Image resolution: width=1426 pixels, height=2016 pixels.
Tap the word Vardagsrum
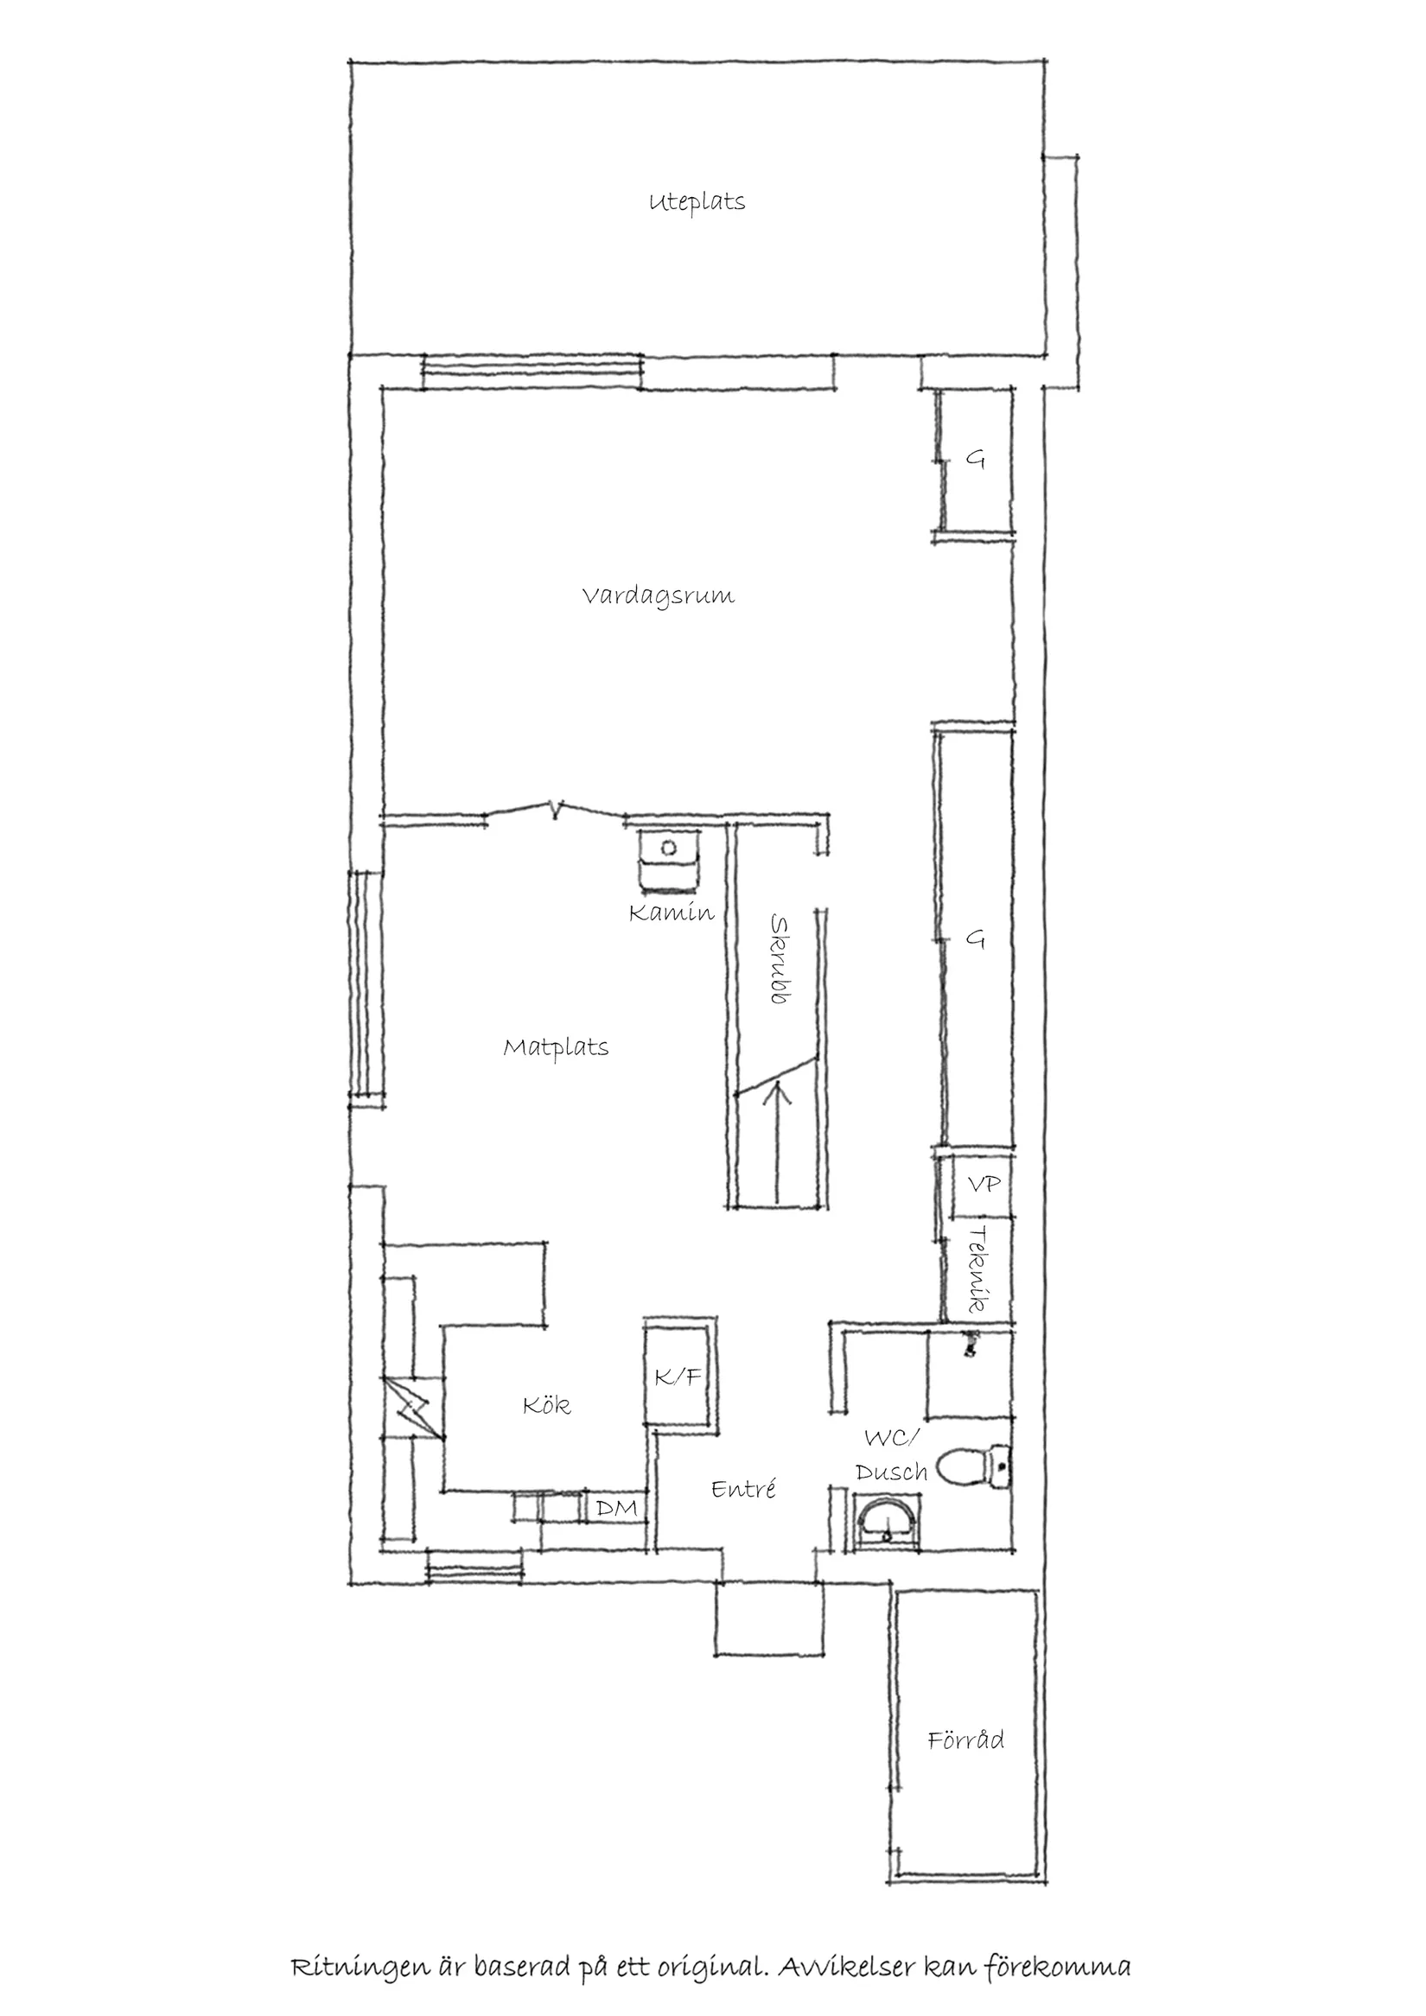658,596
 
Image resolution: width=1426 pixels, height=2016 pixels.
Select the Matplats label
556,1047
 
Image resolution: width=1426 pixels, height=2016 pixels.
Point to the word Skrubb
778,959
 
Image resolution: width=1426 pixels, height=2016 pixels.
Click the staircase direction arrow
777,1142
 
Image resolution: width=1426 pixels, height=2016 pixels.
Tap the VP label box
983,1185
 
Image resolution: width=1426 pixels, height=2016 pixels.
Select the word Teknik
978,1270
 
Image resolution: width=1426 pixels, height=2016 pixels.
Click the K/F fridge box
678,1377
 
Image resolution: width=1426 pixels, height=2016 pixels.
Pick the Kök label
546,1406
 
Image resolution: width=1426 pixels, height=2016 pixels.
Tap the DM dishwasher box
616,1509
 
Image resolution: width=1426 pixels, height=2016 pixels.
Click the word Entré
744,1488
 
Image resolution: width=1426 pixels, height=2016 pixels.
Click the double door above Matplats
555,810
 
